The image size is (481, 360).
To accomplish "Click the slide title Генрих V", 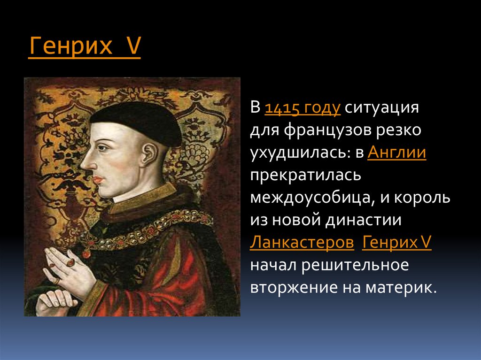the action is [x=85, y=46].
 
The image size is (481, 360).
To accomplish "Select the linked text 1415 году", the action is [x=303, y=108].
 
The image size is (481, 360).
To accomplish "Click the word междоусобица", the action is [x=312, y=198].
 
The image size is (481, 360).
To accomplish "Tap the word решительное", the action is [x=355, y=265].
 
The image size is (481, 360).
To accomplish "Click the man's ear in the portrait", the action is [x=150, y=155].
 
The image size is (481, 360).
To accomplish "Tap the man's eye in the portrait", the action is [x=103, y=148].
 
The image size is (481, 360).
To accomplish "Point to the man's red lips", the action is [x=98, y=179].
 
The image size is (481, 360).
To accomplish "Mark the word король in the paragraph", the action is [x=422, y=198].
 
